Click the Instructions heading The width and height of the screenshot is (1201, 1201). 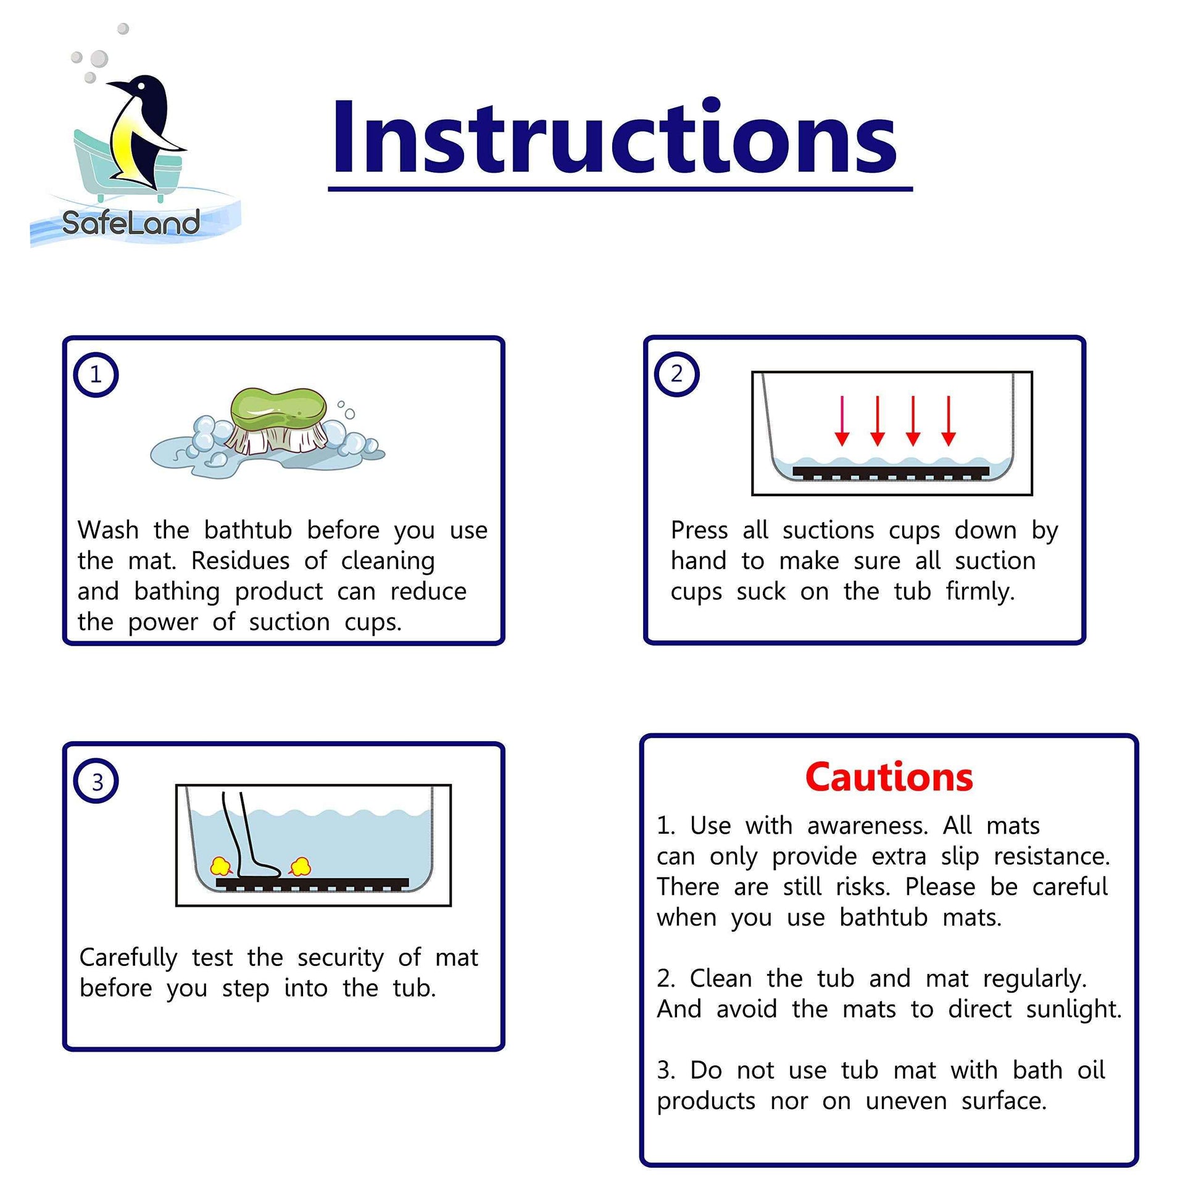[x=614, y=138]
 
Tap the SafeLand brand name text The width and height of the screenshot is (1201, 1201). [x=131, y=223]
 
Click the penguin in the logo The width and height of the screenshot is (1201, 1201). [x=141, y=131]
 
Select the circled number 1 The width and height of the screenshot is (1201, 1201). [x=96, y=374]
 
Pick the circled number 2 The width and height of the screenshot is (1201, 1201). [x=677, y=373]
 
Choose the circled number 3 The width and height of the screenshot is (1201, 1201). [x=96, y=781]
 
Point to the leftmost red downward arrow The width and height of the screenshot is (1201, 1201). [x=842, y=421]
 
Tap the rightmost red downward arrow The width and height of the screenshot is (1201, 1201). [x=948, y=421]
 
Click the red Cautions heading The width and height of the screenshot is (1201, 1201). [x=889, y=777]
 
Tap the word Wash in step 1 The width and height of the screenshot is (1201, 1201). [x=108, y=530]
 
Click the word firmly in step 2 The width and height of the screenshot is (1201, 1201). [x=979, y=591]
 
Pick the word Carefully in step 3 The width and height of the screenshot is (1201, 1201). [x=128, y=958]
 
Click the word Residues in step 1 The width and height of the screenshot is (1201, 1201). [x=240, y=561]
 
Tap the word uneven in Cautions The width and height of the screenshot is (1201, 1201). [x=907, y=1101]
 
